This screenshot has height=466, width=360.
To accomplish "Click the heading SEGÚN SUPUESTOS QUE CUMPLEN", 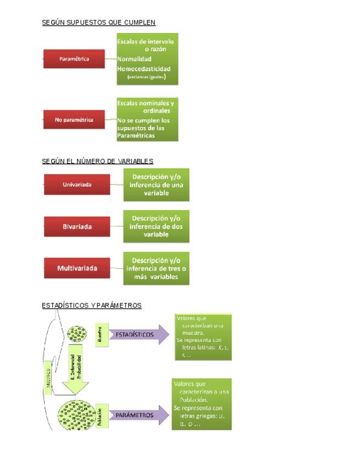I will [x=98, y=23].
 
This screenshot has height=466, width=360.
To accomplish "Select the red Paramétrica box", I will [x=74, y=58].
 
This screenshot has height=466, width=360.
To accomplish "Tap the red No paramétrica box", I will [x=74, y=119].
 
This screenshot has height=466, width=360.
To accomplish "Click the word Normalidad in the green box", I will [x=134, y=59].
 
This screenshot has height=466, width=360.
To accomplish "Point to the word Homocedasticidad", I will [x=143, y=69].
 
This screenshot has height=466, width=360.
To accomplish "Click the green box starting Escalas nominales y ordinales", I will [x=147, y=119].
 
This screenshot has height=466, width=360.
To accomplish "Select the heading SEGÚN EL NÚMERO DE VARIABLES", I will [x=97, y=161].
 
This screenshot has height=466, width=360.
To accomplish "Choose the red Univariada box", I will [x=76, y=185].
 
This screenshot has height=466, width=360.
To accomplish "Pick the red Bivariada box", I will [x=76, y=226].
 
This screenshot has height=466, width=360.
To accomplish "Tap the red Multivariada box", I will [x=76, y=268].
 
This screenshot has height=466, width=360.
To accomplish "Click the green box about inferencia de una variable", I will [x=156, y=185].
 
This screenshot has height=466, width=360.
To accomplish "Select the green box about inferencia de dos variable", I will [x=156, y=226].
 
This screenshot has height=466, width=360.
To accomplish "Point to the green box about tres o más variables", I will [x=156, y=268].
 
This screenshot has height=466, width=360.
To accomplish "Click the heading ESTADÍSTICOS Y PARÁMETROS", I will [x=92, y=306].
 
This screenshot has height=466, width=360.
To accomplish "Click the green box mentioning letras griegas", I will [x=201, y=404].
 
